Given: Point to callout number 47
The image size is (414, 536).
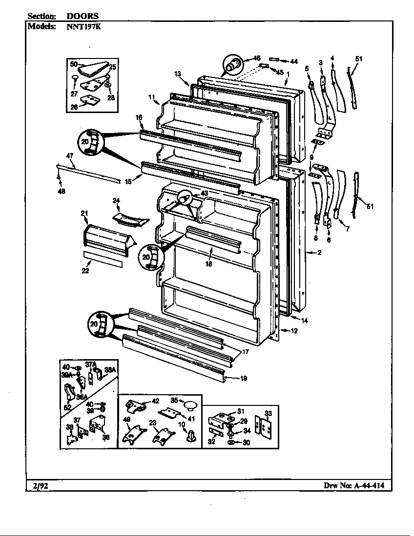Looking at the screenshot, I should coord(69,156).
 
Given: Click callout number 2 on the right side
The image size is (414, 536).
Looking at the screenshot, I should coord(319,252).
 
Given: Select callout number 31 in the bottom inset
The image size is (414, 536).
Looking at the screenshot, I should coord(240,411).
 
